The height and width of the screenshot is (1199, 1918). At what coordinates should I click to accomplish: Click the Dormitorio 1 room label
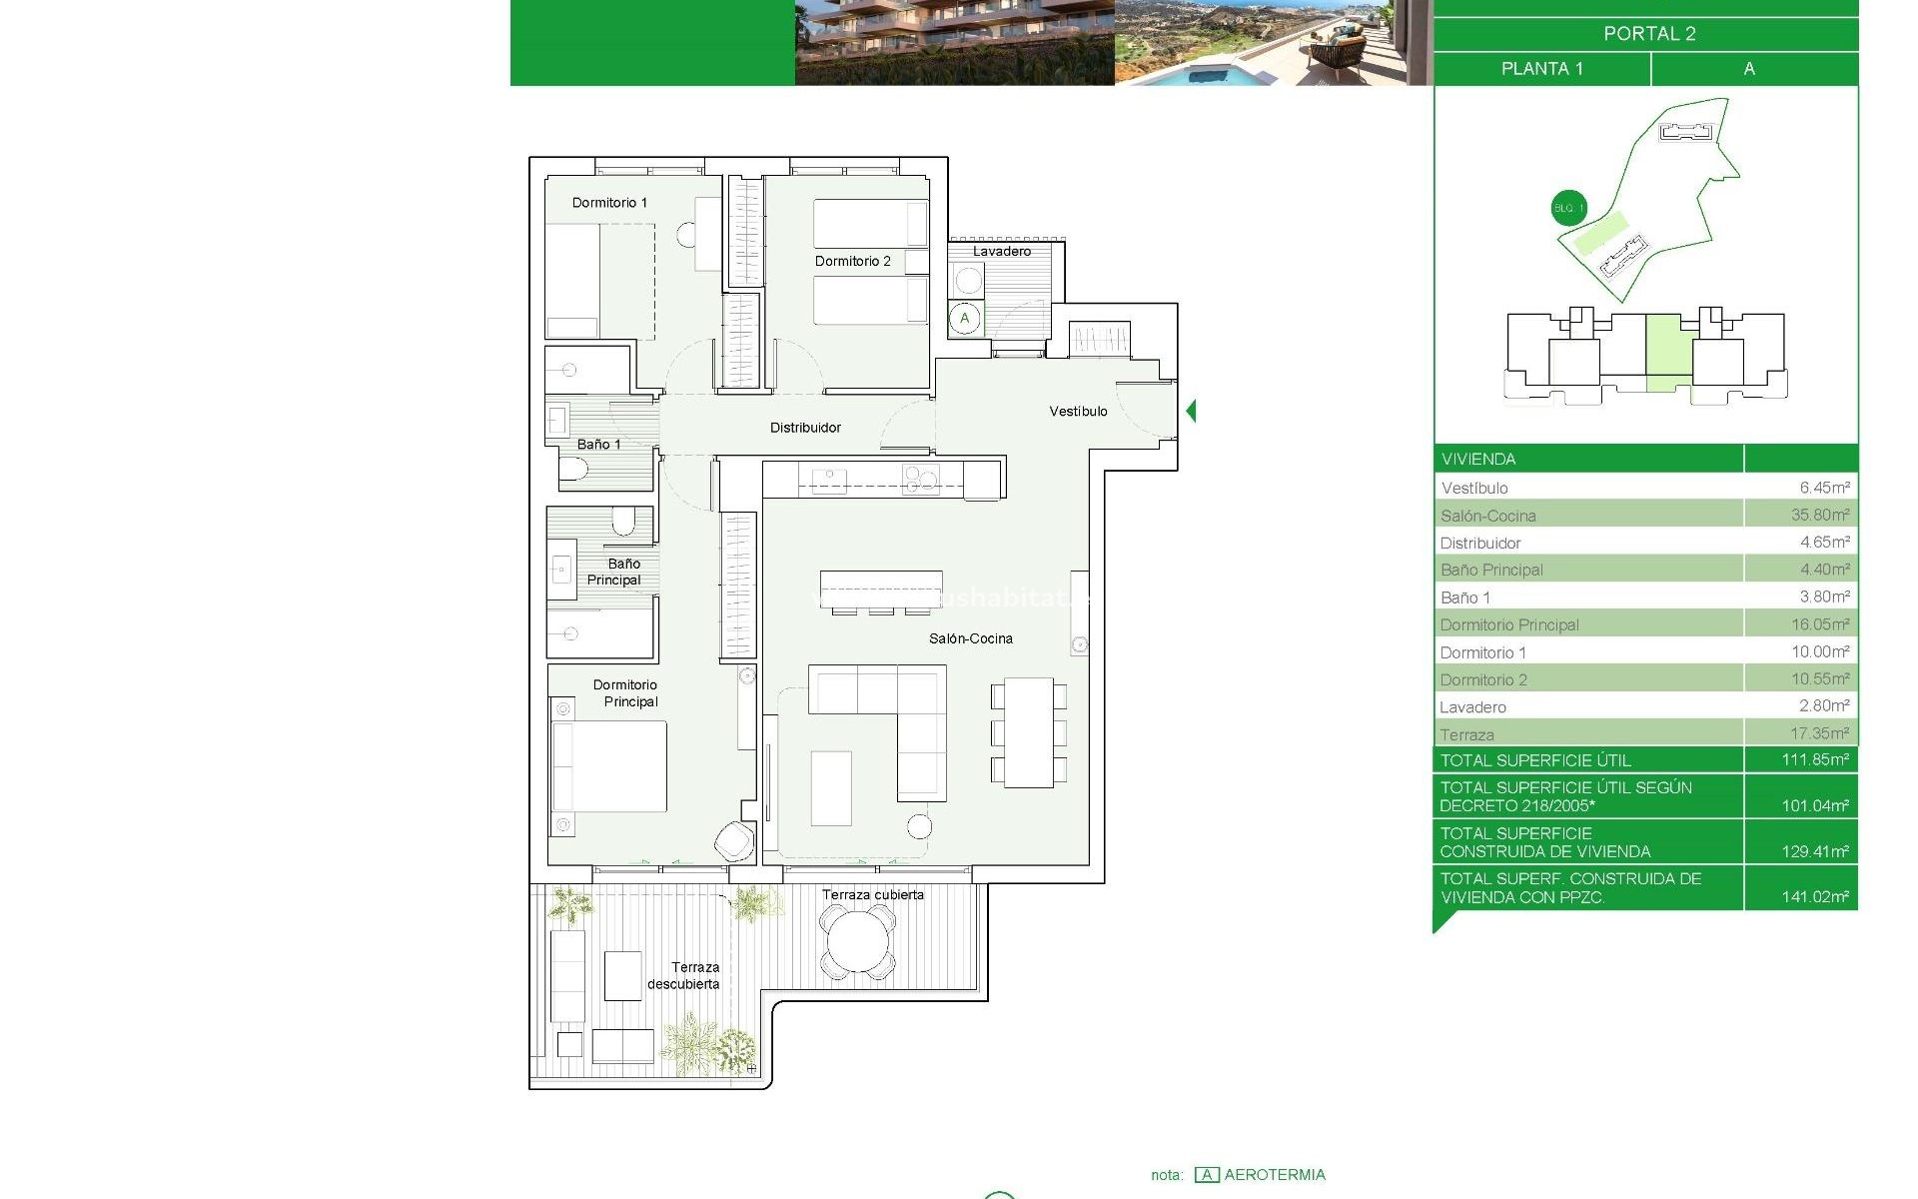pos(609,203)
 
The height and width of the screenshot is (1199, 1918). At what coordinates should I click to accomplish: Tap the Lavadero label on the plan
pos(1001,252)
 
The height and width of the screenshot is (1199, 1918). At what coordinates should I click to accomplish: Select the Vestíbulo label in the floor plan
pos(1078,412)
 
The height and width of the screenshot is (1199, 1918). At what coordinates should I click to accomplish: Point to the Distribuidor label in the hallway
pos(805,428)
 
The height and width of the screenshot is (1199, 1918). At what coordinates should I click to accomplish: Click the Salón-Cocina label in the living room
pos(970,638)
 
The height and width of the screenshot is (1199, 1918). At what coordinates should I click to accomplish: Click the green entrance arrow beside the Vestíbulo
pos(1191,411)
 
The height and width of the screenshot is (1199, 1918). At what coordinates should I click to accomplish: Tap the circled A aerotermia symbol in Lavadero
pos(965,319)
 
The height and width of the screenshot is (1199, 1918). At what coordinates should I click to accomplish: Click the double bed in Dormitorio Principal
pos(609,766)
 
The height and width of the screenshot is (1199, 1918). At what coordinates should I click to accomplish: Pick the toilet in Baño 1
pos(572,470)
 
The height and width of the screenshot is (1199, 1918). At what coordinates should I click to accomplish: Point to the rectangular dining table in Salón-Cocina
pos(1029,732)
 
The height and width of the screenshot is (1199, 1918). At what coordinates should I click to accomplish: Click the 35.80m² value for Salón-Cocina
pos(1820,516)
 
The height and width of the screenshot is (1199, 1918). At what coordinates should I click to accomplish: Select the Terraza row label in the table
pos(1466,734)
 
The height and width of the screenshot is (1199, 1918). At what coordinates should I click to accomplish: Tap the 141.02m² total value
pos(1814,897)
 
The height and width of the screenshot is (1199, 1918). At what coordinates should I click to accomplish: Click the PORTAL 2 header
pos(1649,34)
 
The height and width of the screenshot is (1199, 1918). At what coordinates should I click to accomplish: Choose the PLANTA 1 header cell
pos(1541,69)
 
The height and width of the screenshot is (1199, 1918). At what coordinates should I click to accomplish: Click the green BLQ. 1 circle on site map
pos(1568,208)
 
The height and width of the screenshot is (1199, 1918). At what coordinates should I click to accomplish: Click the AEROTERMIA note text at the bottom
pos(1274,1175)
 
